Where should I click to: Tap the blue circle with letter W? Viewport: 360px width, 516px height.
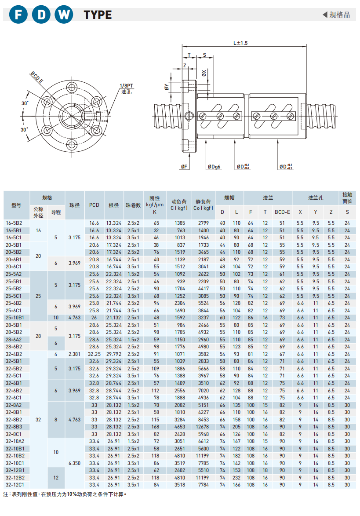pos(64,15)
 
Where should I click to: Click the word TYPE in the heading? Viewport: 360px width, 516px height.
pos(98,15)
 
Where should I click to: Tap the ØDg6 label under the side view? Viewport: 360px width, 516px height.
pos(215,167)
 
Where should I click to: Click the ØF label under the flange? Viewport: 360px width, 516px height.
pos(184,167)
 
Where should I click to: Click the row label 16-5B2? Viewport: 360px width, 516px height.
pos(15,223)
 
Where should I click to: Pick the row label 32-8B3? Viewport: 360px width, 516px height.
pos(15,427)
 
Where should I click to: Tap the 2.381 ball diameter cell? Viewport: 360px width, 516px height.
pos(75,354)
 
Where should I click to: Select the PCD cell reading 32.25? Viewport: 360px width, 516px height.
pos(95,354)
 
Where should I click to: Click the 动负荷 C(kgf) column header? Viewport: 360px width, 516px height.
pos(179,205)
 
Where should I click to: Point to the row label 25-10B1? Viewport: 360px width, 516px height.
pos(15,317)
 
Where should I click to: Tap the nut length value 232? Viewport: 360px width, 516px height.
pos(236,477)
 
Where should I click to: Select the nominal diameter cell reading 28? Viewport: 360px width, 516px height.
pos(38,336)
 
